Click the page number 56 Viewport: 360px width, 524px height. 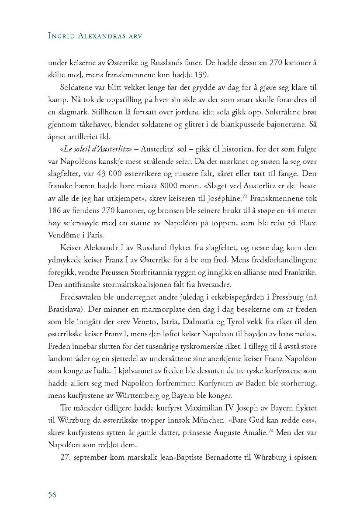pyautogui.click(x=52, y=494)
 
